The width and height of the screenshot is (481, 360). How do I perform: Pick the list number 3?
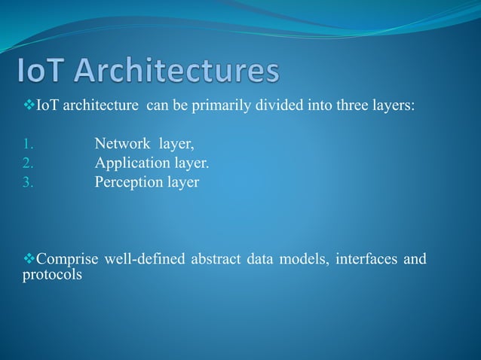[x=27, y=182]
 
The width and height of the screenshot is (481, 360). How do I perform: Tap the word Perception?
[x=127, y=182]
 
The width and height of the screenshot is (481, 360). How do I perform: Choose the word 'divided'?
[x=280, y=105]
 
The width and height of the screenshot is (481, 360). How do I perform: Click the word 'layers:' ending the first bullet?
[x=392, y=105]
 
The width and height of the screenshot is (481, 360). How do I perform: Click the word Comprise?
[x=68, y=260]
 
